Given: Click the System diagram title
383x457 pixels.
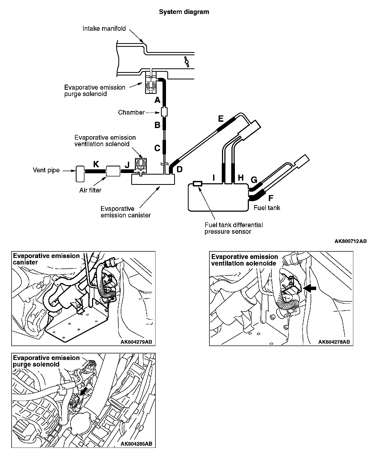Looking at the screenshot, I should pyautogui.click(x=184, y=12).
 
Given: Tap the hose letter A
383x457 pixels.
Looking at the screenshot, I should pyautogui.click(x=157, y=100).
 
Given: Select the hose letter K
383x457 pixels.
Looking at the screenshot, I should pyautogui.click(x=96, y=164).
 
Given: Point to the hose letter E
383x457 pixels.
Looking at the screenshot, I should pyautogui.click(x=220, y=119).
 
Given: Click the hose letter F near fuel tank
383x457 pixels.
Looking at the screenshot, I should pyautogui.click(x=271, y=198).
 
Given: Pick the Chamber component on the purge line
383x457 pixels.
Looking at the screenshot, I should pyautogui.click(x=164, y=113).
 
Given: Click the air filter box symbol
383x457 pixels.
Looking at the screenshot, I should pyautogui.click(x=113, y=171).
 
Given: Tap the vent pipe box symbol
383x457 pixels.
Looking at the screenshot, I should pyautogui.click(x=80, y=174).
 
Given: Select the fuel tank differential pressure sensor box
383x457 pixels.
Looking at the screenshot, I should pyautogui.click(x=197, y=184).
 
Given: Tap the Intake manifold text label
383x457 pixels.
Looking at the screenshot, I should pyautogui.click(x=104, y=28).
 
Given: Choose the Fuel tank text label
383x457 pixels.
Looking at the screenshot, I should pyautogui.click(x=267, y=208).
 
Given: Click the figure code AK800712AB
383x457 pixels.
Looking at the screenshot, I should pyautogui.click(x=350, y=241).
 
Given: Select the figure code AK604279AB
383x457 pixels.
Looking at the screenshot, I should pyautogui.click(x=136, y=342).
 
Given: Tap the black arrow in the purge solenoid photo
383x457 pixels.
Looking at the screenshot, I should pyautogui.click(x=84, y=392).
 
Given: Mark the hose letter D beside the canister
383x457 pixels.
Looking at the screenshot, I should pyautogui.click(x=179, y=169).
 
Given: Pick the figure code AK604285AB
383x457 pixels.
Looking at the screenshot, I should pyautogui.click(x=136, y=444).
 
